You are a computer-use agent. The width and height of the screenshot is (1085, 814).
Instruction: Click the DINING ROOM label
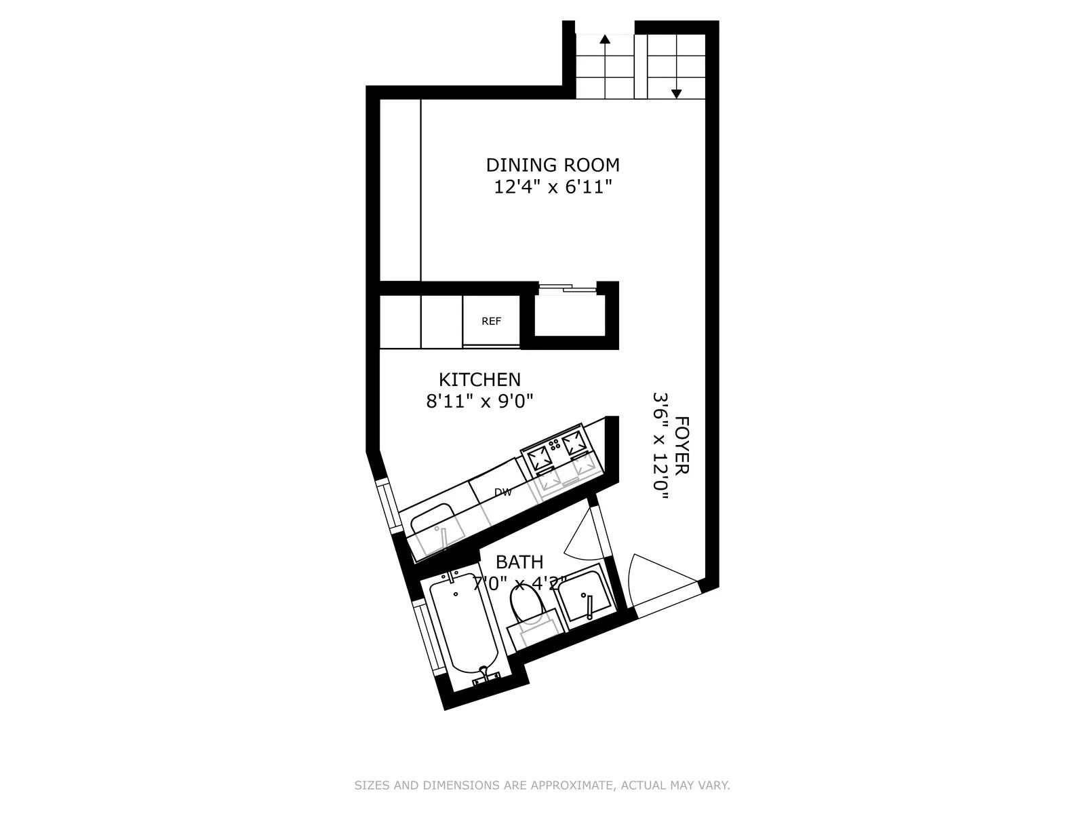[x=553, y=165]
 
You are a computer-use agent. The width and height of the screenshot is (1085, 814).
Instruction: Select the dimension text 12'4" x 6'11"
[x=553, y=187]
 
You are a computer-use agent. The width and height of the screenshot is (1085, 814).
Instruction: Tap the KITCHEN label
[x=479, y=380]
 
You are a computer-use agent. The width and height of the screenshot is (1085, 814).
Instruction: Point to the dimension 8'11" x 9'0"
[x=479, y=402]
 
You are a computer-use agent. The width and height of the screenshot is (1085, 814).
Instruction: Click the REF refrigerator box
[x=491, y=321]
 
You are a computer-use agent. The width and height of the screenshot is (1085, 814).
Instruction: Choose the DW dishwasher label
[x=502, y=492]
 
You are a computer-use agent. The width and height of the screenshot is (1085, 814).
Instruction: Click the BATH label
[x=519, y=562]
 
